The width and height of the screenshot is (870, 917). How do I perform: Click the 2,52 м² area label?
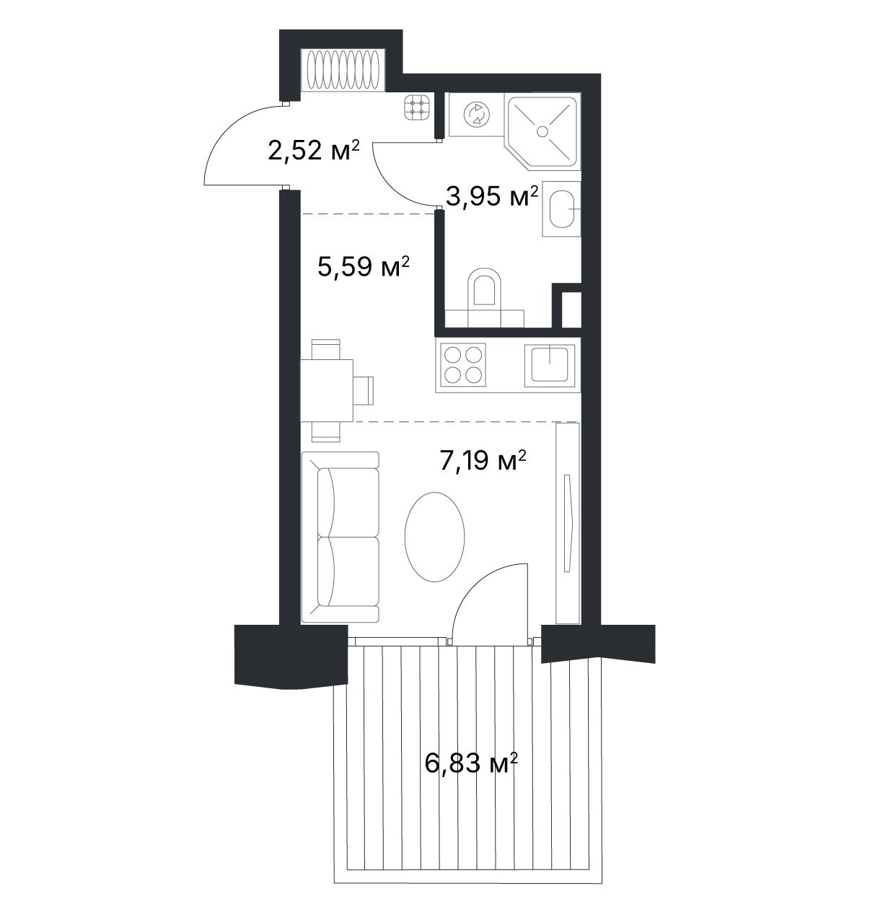[313, 150]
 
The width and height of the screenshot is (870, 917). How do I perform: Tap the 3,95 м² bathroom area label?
[492, 197]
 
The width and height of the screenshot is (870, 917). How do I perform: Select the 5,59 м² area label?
[364, 266]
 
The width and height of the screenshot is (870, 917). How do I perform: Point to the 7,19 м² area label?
[483, 460]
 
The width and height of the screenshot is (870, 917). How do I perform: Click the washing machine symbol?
[476, 114]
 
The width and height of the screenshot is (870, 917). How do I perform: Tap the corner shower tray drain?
[542, 131]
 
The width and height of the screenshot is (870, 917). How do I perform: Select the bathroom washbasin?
[562, 209]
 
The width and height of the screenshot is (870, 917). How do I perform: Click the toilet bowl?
[484, 287]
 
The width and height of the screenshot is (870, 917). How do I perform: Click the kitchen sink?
[550, 365]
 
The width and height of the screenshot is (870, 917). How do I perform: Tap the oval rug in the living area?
[434, 537]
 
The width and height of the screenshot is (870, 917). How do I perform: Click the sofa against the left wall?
[340, 537]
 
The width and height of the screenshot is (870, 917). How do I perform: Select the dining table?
[327, 390]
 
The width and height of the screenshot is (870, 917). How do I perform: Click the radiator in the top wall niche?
[343, 69]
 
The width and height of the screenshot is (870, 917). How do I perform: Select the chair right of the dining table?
[364, 390]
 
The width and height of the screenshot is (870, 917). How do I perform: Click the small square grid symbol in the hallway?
[416, 108]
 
